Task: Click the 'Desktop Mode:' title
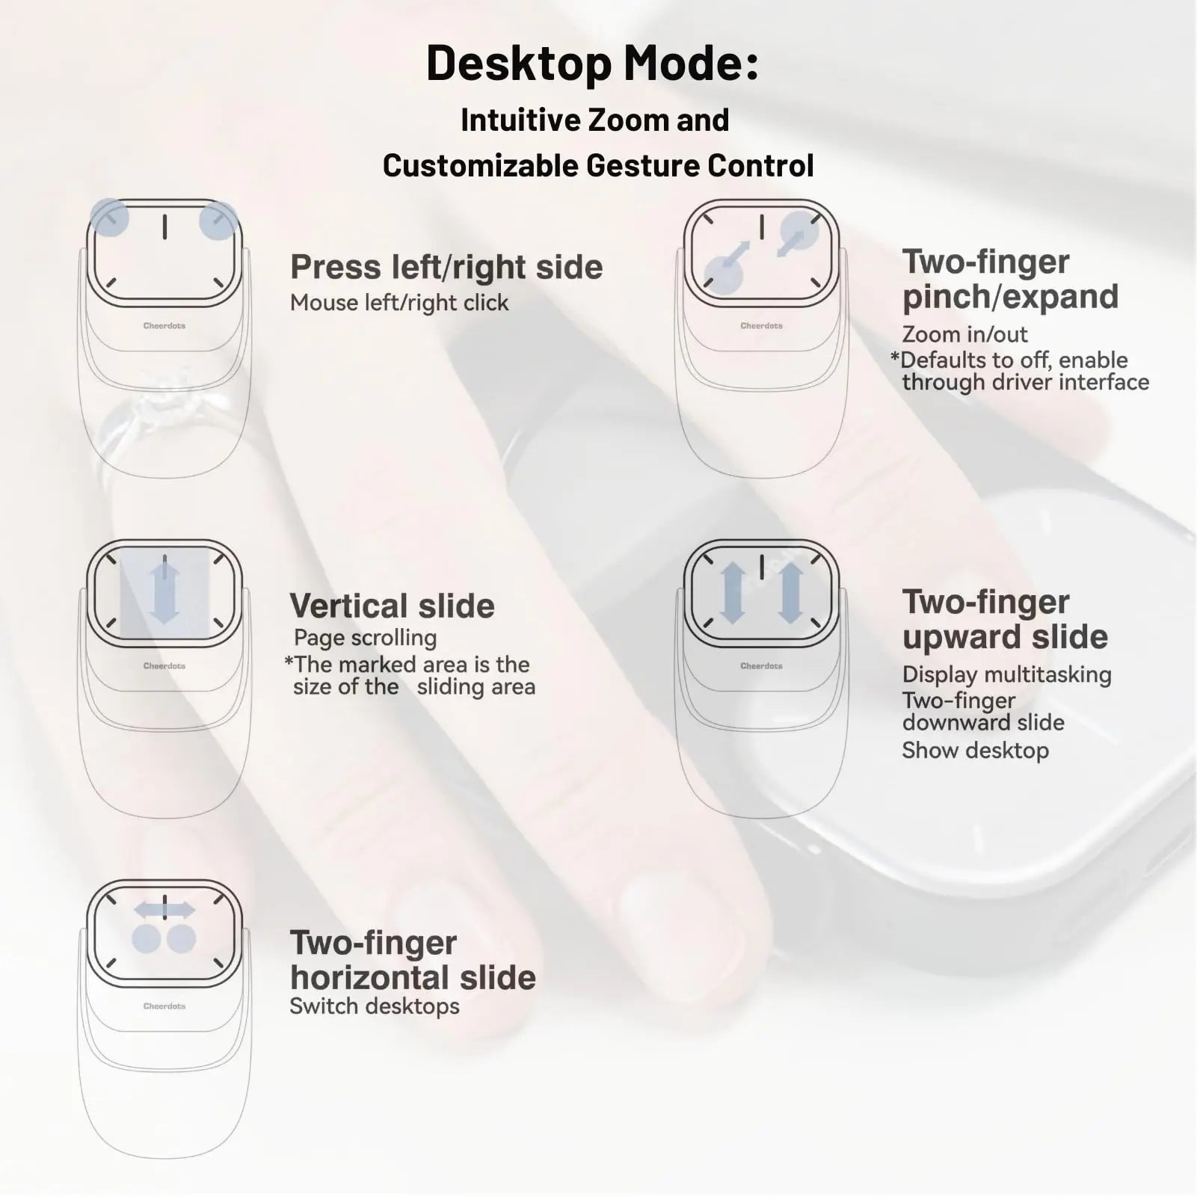click(592, 64)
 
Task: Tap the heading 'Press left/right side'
click(446, 268)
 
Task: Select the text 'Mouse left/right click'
click(399, 303)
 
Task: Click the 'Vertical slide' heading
click(392, 606)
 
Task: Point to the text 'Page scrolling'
click(365, 638)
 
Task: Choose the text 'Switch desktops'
click(375, 1006)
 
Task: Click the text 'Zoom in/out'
click(964, 334)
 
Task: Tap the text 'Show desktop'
click(975, 751)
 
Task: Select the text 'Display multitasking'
click(1006, 674)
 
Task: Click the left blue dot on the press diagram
click(109, 218)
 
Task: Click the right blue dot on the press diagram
click(218, 221)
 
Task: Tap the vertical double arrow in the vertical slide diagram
click(164, 593)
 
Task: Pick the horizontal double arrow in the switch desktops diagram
click(164, 910)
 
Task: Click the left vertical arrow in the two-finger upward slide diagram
click(733, 593)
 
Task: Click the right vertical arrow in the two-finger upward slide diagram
click(790, 593)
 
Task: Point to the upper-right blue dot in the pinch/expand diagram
click(799, 230)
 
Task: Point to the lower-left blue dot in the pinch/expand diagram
click(724, 274)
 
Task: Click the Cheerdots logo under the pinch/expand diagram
click(761, 326)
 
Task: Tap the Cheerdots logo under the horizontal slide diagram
click(164, 1006)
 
